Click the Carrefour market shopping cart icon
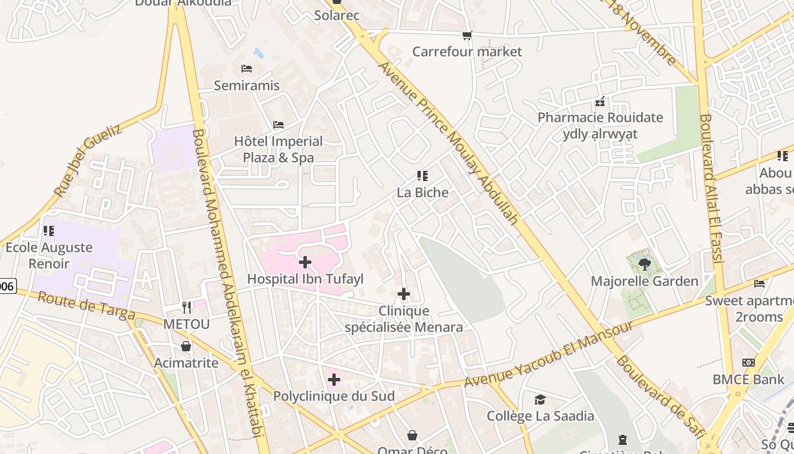[467, 36]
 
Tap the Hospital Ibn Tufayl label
[305, 279]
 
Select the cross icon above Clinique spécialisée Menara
[403, 294]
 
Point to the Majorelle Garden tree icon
[644, 264]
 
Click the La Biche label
[423, 192]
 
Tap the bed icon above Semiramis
[247, 69]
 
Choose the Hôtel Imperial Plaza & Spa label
[278, 149]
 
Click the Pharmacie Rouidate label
[600, 118]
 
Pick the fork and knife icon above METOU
[187, 308]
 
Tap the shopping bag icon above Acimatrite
[186, 346]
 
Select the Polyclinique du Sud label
[333, 396]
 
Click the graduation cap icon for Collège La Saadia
[540, 400]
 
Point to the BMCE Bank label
[749, 379]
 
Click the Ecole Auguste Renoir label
[49, 255]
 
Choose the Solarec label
[337, 15]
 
